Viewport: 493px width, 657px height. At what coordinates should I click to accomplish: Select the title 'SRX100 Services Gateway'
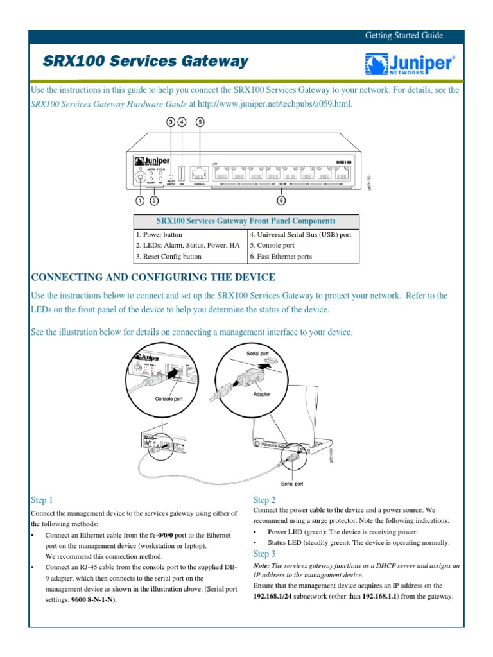(x=145, y=62)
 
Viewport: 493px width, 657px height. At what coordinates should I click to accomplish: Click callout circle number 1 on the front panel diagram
(x=140, y=200)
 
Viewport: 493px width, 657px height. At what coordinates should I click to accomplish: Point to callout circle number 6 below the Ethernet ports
(x=282, y=200)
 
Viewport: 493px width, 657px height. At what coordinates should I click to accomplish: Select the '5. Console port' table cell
(x=272, y=246)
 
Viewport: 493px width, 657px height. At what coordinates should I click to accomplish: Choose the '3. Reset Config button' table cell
(x=168, y=257)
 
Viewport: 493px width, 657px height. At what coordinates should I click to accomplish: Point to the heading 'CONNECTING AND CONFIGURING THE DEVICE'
(x=153, y=277)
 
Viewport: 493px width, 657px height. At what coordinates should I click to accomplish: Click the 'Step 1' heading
(x=42, y=500)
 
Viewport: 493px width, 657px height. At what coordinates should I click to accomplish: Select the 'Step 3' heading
(x=264, y=554)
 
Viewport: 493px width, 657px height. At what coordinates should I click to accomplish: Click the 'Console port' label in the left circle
(x=169, y=399)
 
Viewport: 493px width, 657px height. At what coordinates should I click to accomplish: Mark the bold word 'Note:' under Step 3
(x=263, y=567)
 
